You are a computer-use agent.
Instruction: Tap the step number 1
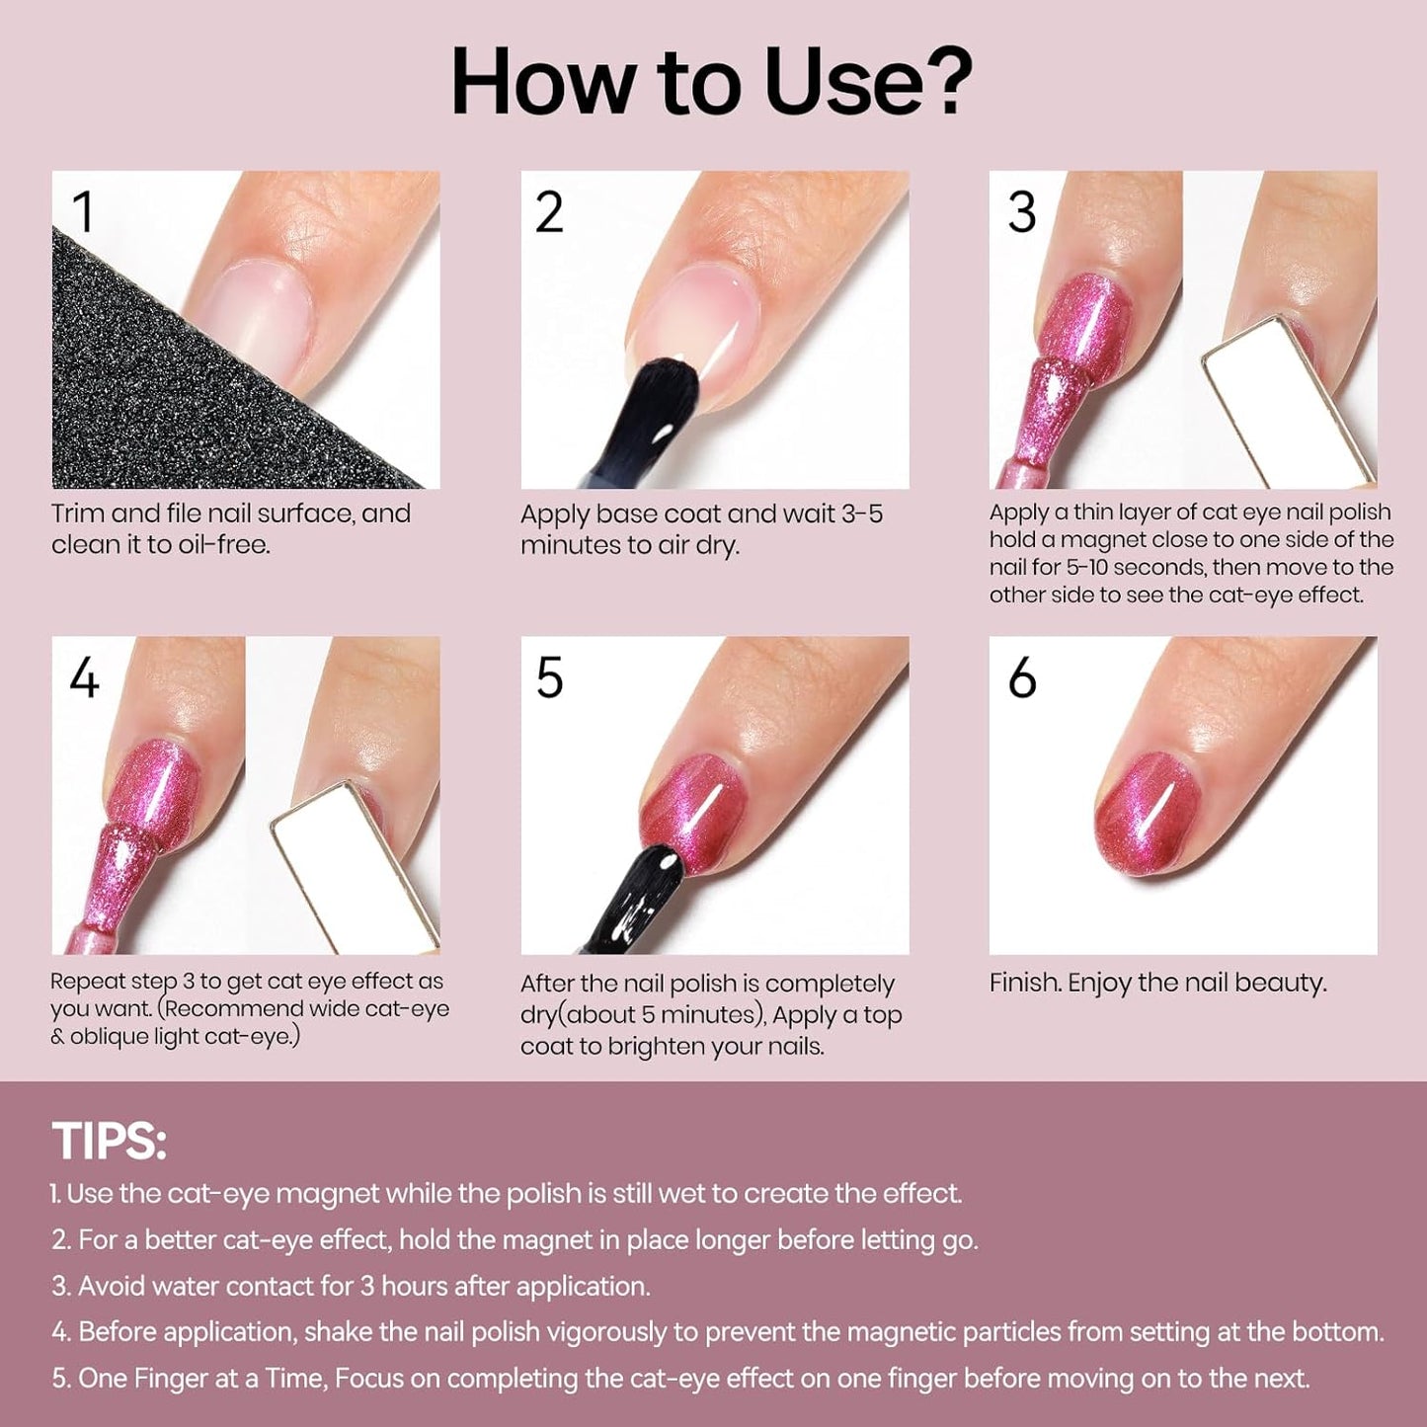(83, 212)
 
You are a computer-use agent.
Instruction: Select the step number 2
(549, 212)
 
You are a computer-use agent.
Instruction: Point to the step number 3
(1021, 212)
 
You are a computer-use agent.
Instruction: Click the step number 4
(84, 678)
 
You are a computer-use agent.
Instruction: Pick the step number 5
(549, 678)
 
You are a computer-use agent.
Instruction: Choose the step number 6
(1022, 678)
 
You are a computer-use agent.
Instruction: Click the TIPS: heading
(109, 1141)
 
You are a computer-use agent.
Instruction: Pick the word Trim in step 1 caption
(77, 514)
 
